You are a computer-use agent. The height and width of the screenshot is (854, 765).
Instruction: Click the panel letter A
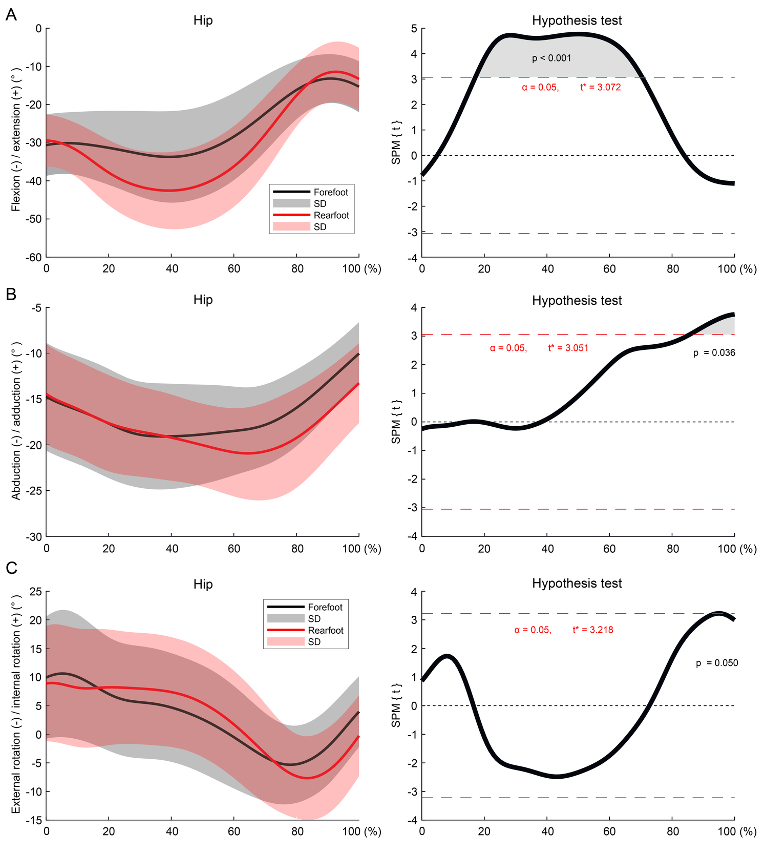click(x=11, y=15)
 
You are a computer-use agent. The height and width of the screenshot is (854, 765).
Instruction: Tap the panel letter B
click(x=11, y=294)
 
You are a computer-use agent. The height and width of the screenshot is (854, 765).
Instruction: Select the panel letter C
click(x=11, y=568)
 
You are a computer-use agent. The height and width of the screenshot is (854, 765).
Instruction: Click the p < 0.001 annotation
click(x=551, y=58)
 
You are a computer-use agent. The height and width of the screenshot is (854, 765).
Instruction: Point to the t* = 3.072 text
click(x=600, y=88)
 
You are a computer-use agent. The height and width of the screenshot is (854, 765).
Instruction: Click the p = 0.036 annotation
click(x=714, y=353)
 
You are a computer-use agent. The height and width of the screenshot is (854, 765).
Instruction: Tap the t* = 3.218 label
click(x=592, y=630)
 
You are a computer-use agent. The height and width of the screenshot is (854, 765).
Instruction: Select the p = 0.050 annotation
click(x=717, y=663)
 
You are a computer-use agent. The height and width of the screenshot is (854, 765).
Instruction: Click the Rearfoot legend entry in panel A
click(x=331, y=216)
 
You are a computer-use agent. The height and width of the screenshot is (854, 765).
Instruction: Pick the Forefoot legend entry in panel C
click(x=325, y=608)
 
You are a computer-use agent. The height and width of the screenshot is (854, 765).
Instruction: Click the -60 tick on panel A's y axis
click(x=35, y=258)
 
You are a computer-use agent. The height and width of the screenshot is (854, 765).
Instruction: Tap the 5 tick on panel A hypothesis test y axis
click(x=414, y=29)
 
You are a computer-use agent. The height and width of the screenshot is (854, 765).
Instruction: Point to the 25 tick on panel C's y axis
click(x=36, y=592)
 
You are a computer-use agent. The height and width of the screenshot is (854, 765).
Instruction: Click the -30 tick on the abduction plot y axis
click(x=35, y=537)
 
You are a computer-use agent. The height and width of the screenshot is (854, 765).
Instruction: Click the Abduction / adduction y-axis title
click(x=16, y=421)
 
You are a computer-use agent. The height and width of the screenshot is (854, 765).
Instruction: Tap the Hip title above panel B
click(x=203, y=300)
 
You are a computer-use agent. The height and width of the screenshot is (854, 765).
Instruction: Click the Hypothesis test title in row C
click(x=577, y=584)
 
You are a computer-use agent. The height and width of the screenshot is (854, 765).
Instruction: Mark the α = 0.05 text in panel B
click(x=508, y=348)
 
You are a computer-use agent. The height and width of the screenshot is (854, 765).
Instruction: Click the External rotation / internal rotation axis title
click(x=16, y=704)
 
